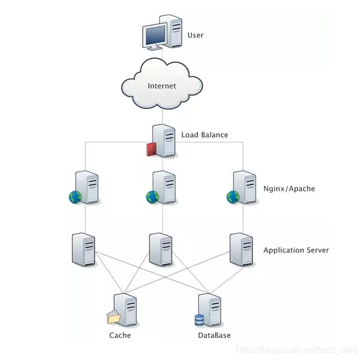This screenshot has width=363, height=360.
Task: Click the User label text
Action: click(x=195, y=35)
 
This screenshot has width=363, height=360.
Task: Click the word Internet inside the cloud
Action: click(x=162, y=86)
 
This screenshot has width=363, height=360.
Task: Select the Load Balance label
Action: click(x=204, y=135)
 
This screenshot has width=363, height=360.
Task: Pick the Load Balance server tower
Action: click(x=164, y=140)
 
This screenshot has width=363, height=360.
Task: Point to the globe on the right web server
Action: click(x=233, y=197)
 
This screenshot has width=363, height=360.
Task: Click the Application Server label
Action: click(x=296, y=250)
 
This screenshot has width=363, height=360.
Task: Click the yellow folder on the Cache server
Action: click(x=113, y=318)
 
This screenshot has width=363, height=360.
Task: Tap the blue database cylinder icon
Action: click(x=199, y=320)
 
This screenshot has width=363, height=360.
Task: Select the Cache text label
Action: click(x=119, y=335)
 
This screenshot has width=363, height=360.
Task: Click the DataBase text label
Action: click(x=214, y=335)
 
